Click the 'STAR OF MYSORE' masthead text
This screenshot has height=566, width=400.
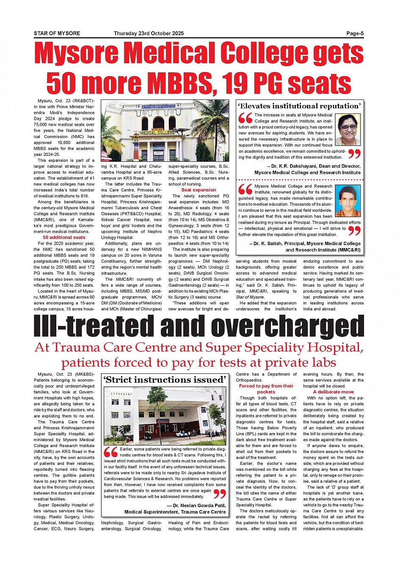(57, 33)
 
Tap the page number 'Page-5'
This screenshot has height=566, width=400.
(355, 33)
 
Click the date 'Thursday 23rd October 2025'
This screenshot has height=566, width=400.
(149, 33)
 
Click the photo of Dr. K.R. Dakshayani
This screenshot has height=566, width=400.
(348, 129)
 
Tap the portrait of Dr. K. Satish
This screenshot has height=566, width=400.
(348, 201)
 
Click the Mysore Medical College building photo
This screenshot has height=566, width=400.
(165, 131)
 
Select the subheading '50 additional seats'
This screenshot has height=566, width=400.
(64, 237)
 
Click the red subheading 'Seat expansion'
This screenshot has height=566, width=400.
(199, 190)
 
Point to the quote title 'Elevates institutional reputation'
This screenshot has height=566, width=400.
(299, 106)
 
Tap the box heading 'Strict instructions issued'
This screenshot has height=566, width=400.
(165, 380)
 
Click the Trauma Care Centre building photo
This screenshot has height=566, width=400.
(165, 414)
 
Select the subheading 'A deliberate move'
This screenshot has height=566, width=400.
(333, 392)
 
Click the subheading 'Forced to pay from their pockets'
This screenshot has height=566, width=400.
(266, 389)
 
